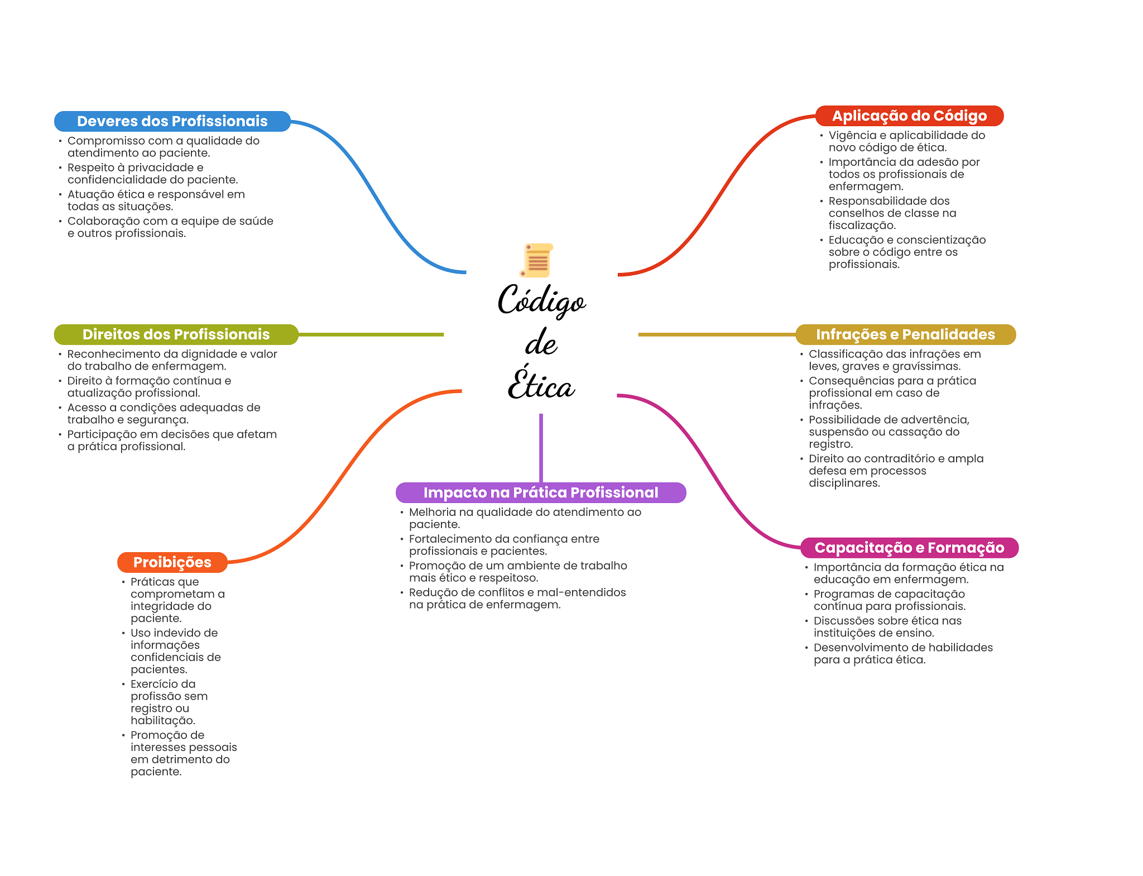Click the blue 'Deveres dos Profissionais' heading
point(172,121)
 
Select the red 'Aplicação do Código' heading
point(909,116)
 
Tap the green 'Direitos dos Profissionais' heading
point(176,334)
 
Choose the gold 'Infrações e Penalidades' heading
point(905,334)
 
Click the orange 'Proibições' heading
point(172,562)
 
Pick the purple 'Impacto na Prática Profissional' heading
point(540,492)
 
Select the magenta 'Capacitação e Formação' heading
point(909,548)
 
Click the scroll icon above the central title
point(537,260)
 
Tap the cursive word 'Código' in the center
point(541,301)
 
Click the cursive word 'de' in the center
point(541,343)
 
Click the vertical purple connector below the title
point(541,447)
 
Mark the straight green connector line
point(371,334)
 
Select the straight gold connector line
point(717,334)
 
